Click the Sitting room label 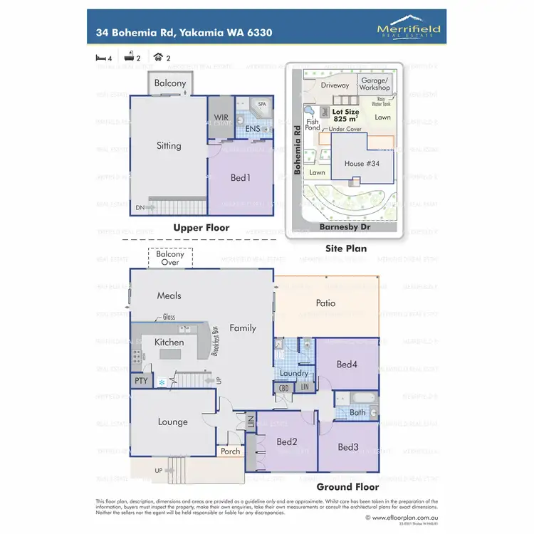(x=169, y=146)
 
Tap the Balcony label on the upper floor (x=171, y=83)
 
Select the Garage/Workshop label (x=375, y=84)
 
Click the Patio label (x=325, y=303)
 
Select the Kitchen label (x=169, y=342)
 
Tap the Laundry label (x=294, y=373)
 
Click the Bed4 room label (x=346, y=365)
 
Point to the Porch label (x=230, y=451)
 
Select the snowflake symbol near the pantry (x=162, y=383)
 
